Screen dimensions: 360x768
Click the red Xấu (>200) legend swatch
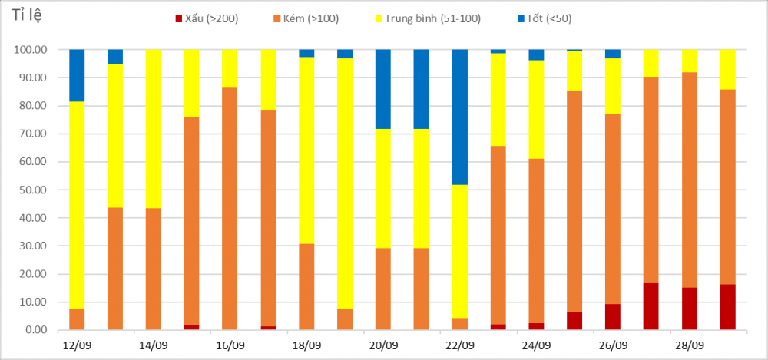point(179,18)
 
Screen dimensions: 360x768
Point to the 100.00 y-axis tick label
point(31,50)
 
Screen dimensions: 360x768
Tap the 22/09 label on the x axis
point(460,345)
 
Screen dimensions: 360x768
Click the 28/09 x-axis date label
point(689,345)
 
